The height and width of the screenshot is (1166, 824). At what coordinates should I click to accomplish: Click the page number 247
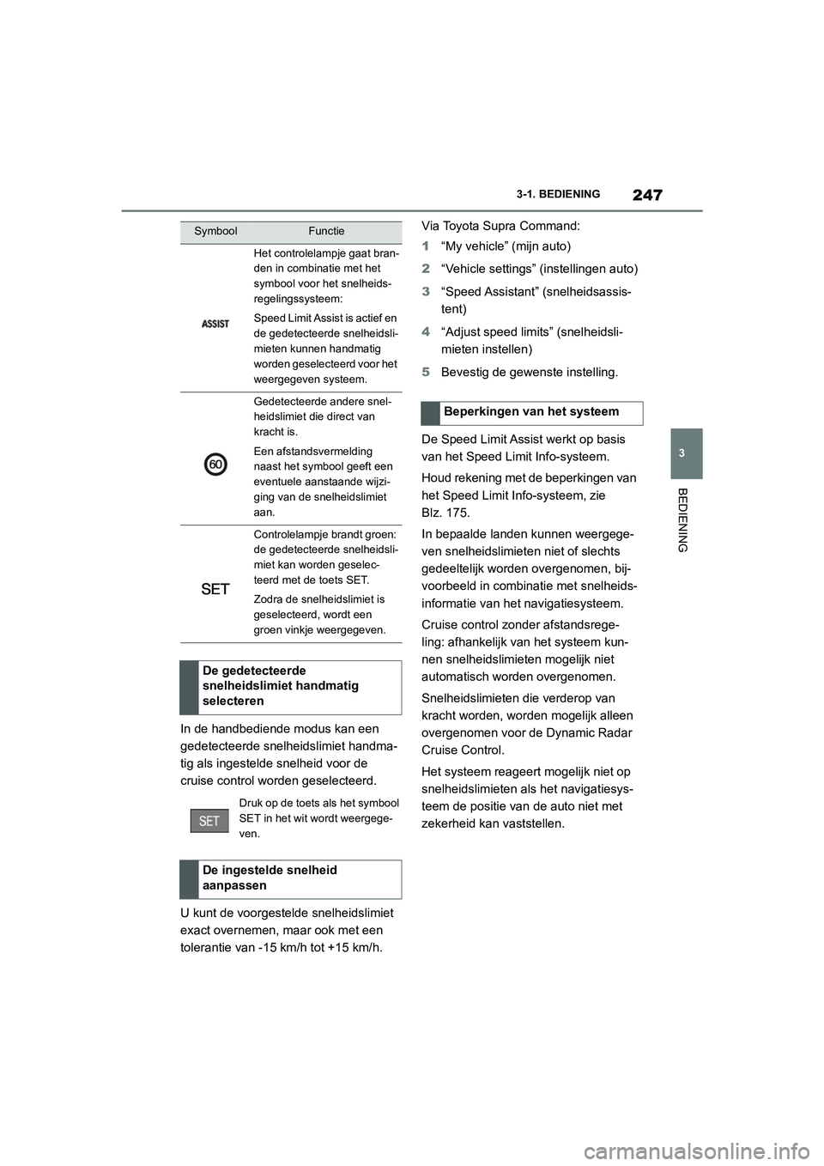click(647, 195)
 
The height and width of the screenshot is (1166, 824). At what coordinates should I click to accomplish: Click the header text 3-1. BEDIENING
click(558, 195)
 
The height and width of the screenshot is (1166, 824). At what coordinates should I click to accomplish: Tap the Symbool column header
click(215, 231)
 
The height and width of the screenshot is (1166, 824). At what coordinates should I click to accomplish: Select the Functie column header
click(326, 231)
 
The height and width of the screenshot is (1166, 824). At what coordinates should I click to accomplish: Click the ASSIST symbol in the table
click(215, 324)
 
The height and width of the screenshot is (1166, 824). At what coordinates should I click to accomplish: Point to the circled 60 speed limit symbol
click(215, 465)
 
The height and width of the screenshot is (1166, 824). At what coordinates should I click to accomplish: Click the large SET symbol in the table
click(215, 589)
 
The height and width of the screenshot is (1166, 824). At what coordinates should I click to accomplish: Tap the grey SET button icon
click(209, 821)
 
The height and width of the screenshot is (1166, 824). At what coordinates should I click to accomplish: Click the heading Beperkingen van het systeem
click(530, 412)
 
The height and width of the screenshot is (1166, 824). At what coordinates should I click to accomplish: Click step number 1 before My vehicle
click(426, 246)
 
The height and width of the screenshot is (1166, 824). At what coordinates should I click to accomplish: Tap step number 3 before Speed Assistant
click(426, 292)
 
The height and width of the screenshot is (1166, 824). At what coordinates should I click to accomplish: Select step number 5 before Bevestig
click(426, 373)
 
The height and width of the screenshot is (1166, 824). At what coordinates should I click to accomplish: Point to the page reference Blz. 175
click(445, 513)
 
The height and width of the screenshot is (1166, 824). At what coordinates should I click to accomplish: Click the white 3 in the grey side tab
click(682, 452)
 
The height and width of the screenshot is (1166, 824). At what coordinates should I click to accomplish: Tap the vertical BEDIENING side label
click(682, 519)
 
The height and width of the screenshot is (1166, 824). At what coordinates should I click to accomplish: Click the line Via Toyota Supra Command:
click(500, 226)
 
